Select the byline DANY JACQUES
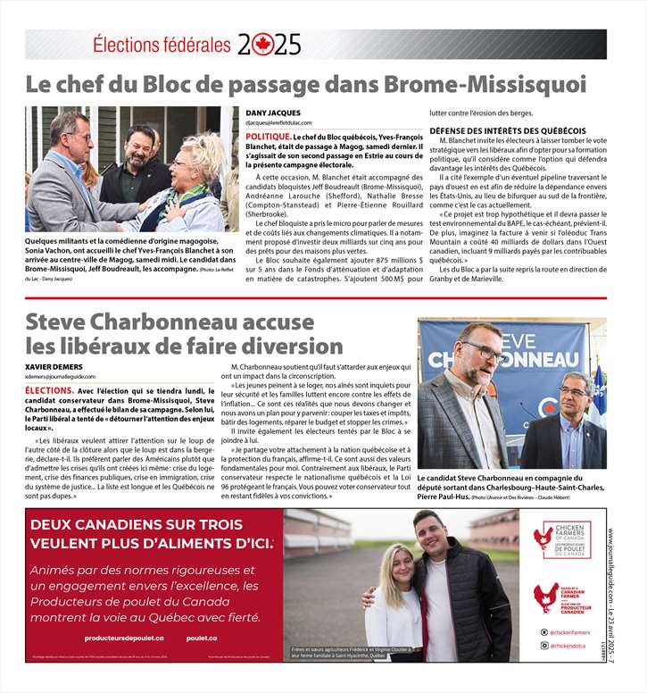(273, 113)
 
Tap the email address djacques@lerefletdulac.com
(284, 122)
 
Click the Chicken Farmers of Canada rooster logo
(543, 539)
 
